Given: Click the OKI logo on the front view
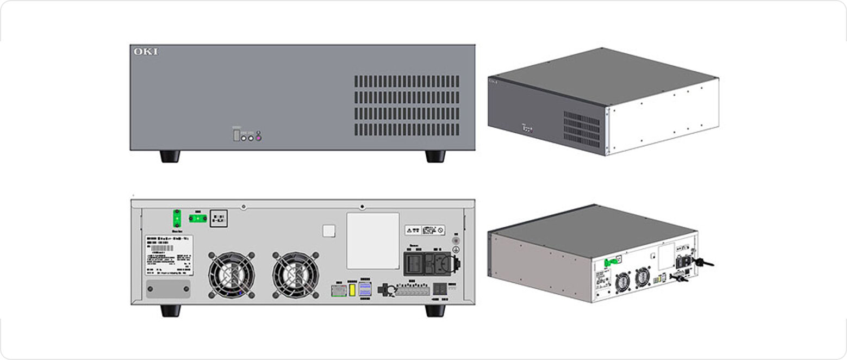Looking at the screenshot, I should pyautogui.click(x=146, y=52).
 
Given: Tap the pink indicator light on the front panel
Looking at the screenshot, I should pyautogui.click(x=259, y=138).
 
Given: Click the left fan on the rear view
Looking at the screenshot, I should pyautogui.click(x=232, y=275).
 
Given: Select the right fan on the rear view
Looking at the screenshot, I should pyautogui.click(x=295, y=275).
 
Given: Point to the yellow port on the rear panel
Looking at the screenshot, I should pyautogui.click(x=352, y=289).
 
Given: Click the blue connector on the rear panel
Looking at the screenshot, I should pyautogui.click(x=365, y=289).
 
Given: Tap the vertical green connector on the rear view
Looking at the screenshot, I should pyautogui.click(x=176, y=218).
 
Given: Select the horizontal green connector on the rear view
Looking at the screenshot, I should pyautogui.click(x=197, y=219).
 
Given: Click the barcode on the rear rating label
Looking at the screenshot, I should pyautogui.click(x=161, y=247).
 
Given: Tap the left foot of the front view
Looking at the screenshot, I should pyautogui.click(x=170, y=156).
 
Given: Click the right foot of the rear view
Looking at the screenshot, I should pyautogui.click(x=435, y=311).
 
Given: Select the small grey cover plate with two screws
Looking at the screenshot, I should pyautogui.click(x=169, y=289).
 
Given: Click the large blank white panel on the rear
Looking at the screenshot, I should pyautogui.click(x=373, y=240).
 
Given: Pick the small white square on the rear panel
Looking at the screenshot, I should pyautogui.click(x=329, y=231).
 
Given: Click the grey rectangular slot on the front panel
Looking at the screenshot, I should pyautogui.click(x=236, y=134).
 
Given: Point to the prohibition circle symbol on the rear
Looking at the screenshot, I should pyautogui.click(x=441, y=230).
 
